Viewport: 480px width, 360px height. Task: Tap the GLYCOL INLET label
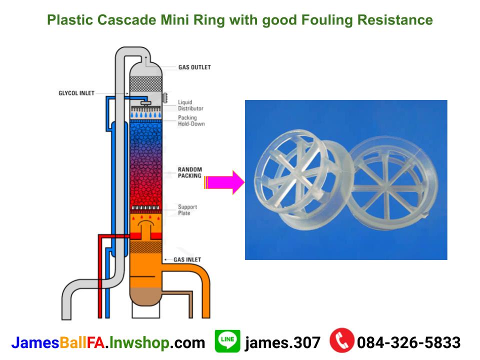(76, 93)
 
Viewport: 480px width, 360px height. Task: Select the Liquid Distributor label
(190, 105)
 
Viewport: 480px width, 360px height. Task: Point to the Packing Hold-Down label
(191, 121)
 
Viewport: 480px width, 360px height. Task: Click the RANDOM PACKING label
(190, 172)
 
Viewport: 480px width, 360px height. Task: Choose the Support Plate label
(187, 210)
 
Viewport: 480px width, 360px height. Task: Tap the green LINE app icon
(227, 341)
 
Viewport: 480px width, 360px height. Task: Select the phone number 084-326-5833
(408, 342)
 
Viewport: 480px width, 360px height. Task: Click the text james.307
(282, 342)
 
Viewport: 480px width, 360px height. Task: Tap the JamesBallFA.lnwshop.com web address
(108, 342)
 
